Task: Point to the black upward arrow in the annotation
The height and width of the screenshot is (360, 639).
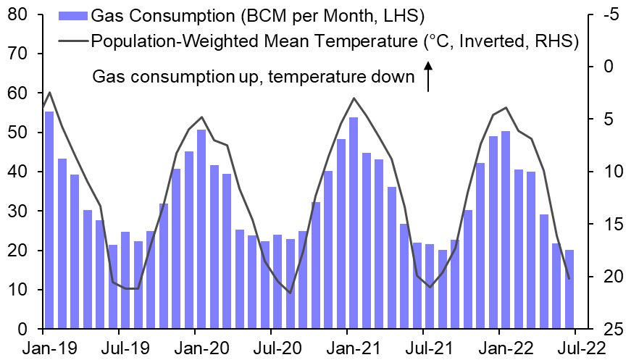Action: tap(428, 77)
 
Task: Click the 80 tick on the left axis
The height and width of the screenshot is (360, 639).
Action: tap(18, 14)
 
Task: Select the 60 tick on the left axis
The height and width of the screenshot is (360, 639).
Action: tap(18, 93)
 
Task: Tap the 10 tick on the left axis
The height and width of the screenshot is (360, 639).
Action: tap(18, 290)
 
